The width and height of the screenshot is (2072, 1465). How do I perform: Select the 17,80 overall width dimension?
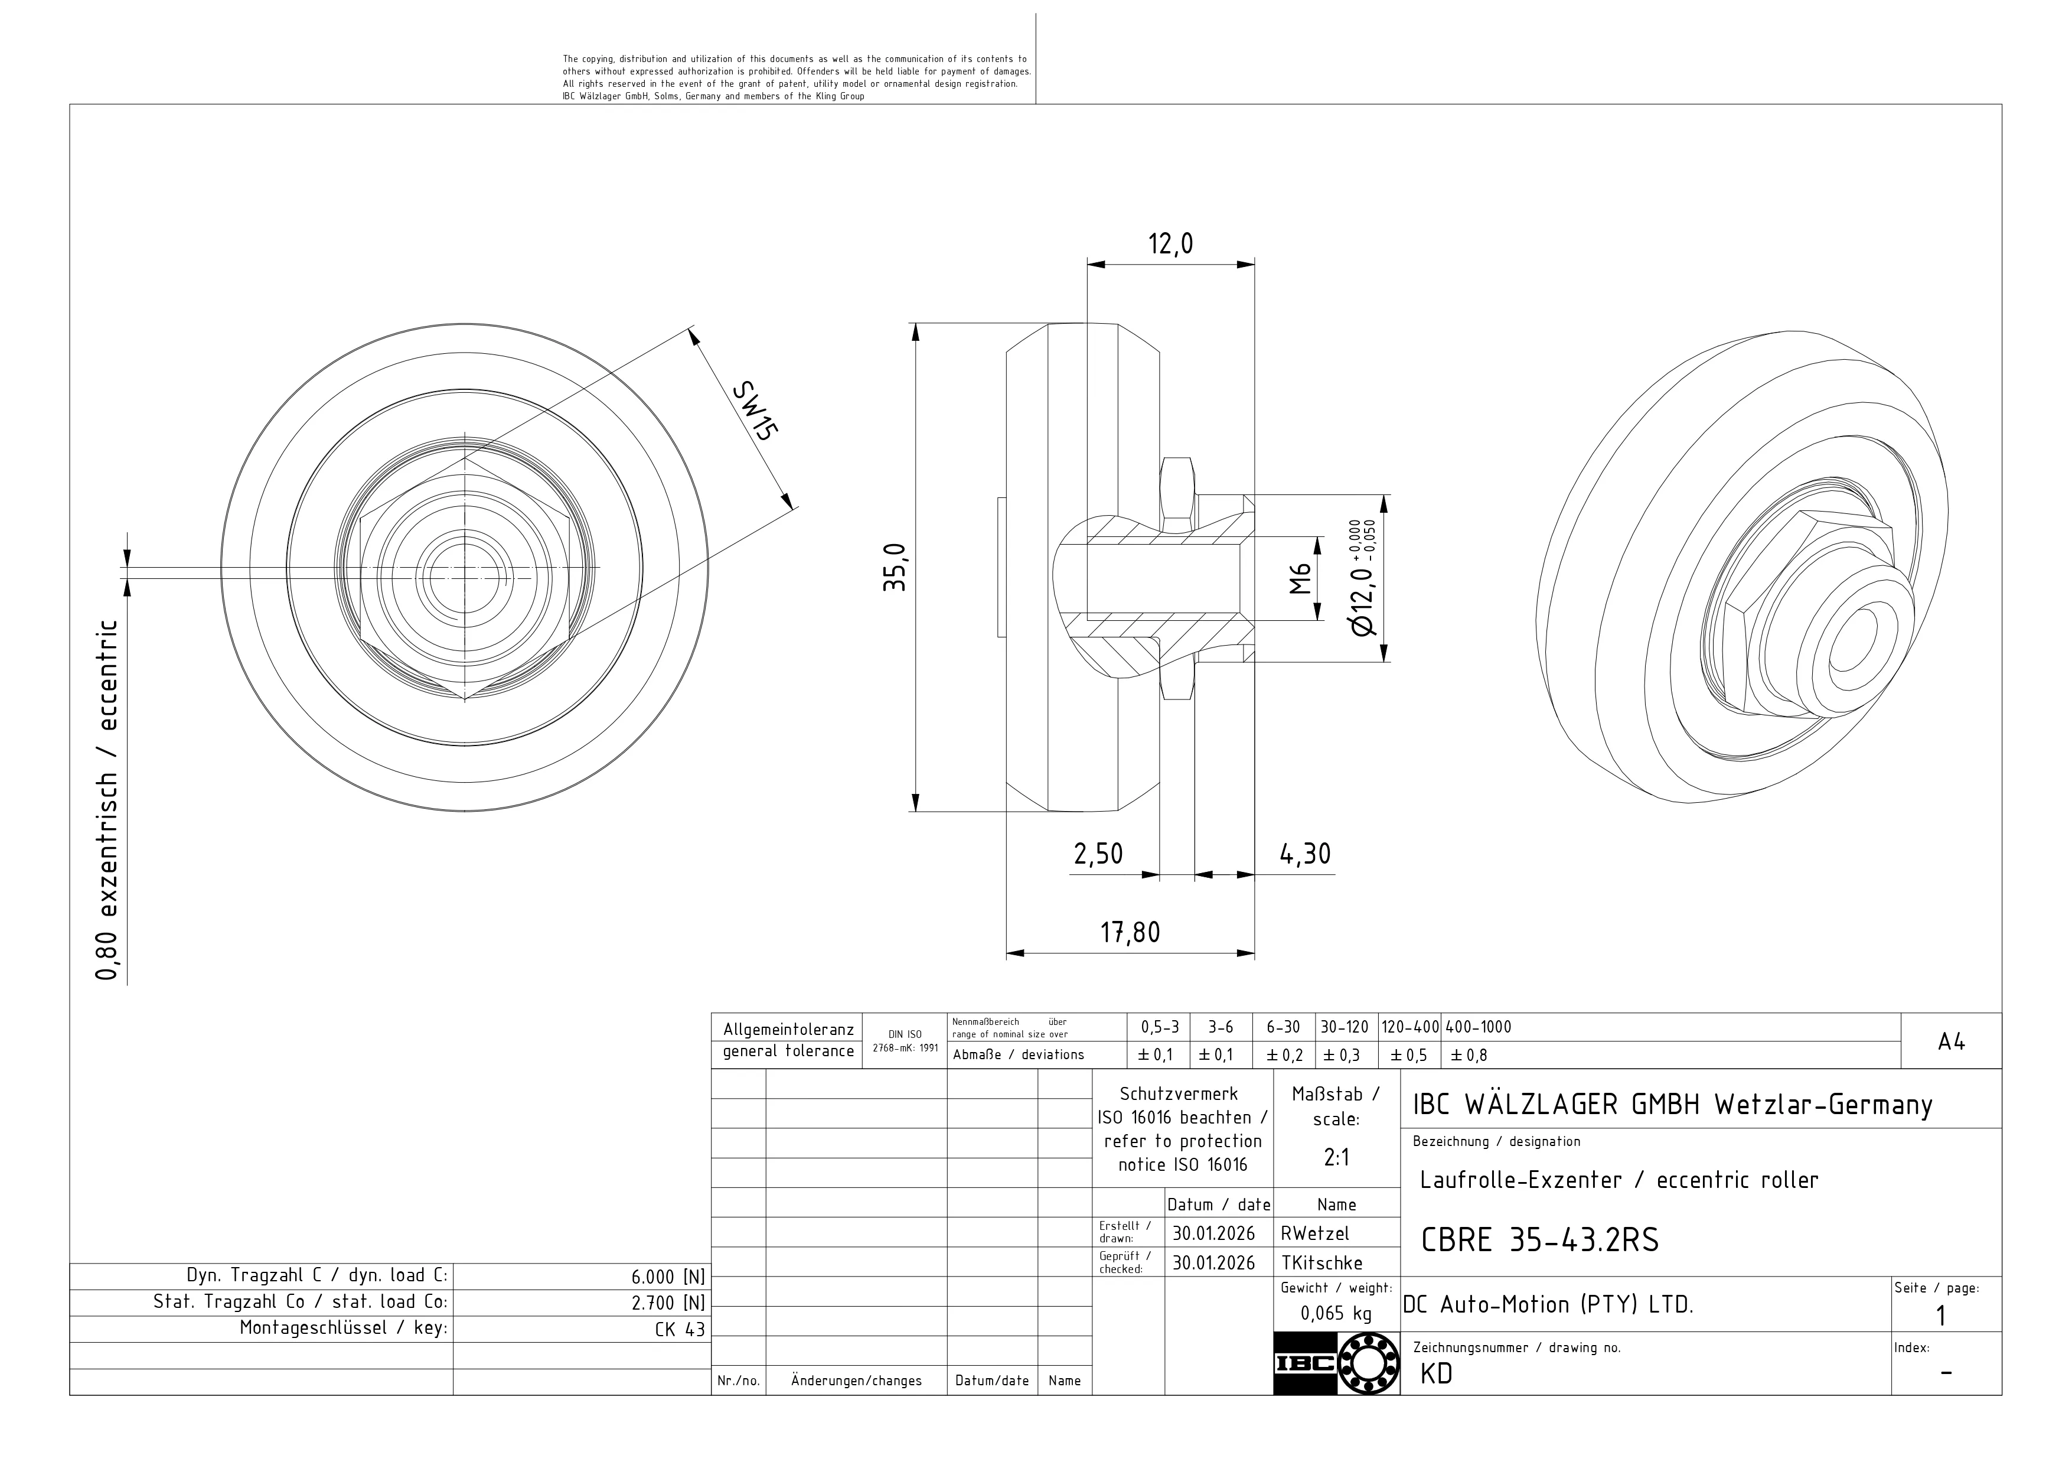point(1130,932)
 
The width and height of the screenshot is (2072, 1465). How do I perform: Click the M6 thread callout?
point(1300,578)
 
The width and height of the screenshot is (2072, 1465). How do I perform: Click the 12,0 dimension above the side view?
point(1170,244)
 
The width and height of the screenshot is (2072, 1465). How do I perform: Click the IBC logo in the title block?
point(1336,1363)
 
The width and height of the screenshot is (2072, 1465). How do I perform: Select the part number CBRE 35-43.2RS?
point(1539,1241)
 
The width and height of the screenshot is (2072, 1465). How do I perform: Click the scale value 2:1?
point(1336,1158)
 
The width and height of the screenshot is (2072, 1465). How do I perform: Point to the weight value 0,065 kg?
point(1336,1313)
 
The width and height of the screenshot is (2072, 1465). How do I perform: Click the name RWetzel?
point(1315,1233)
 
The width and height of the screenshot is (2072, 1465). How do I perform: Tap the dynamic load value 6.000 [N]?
point(668,1277)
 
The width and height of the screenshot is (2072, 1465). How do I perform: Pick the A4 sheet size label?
point(1950,1041)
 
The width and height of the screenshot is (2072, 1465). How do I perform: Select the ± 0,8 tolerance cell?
point(1469,1055)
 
